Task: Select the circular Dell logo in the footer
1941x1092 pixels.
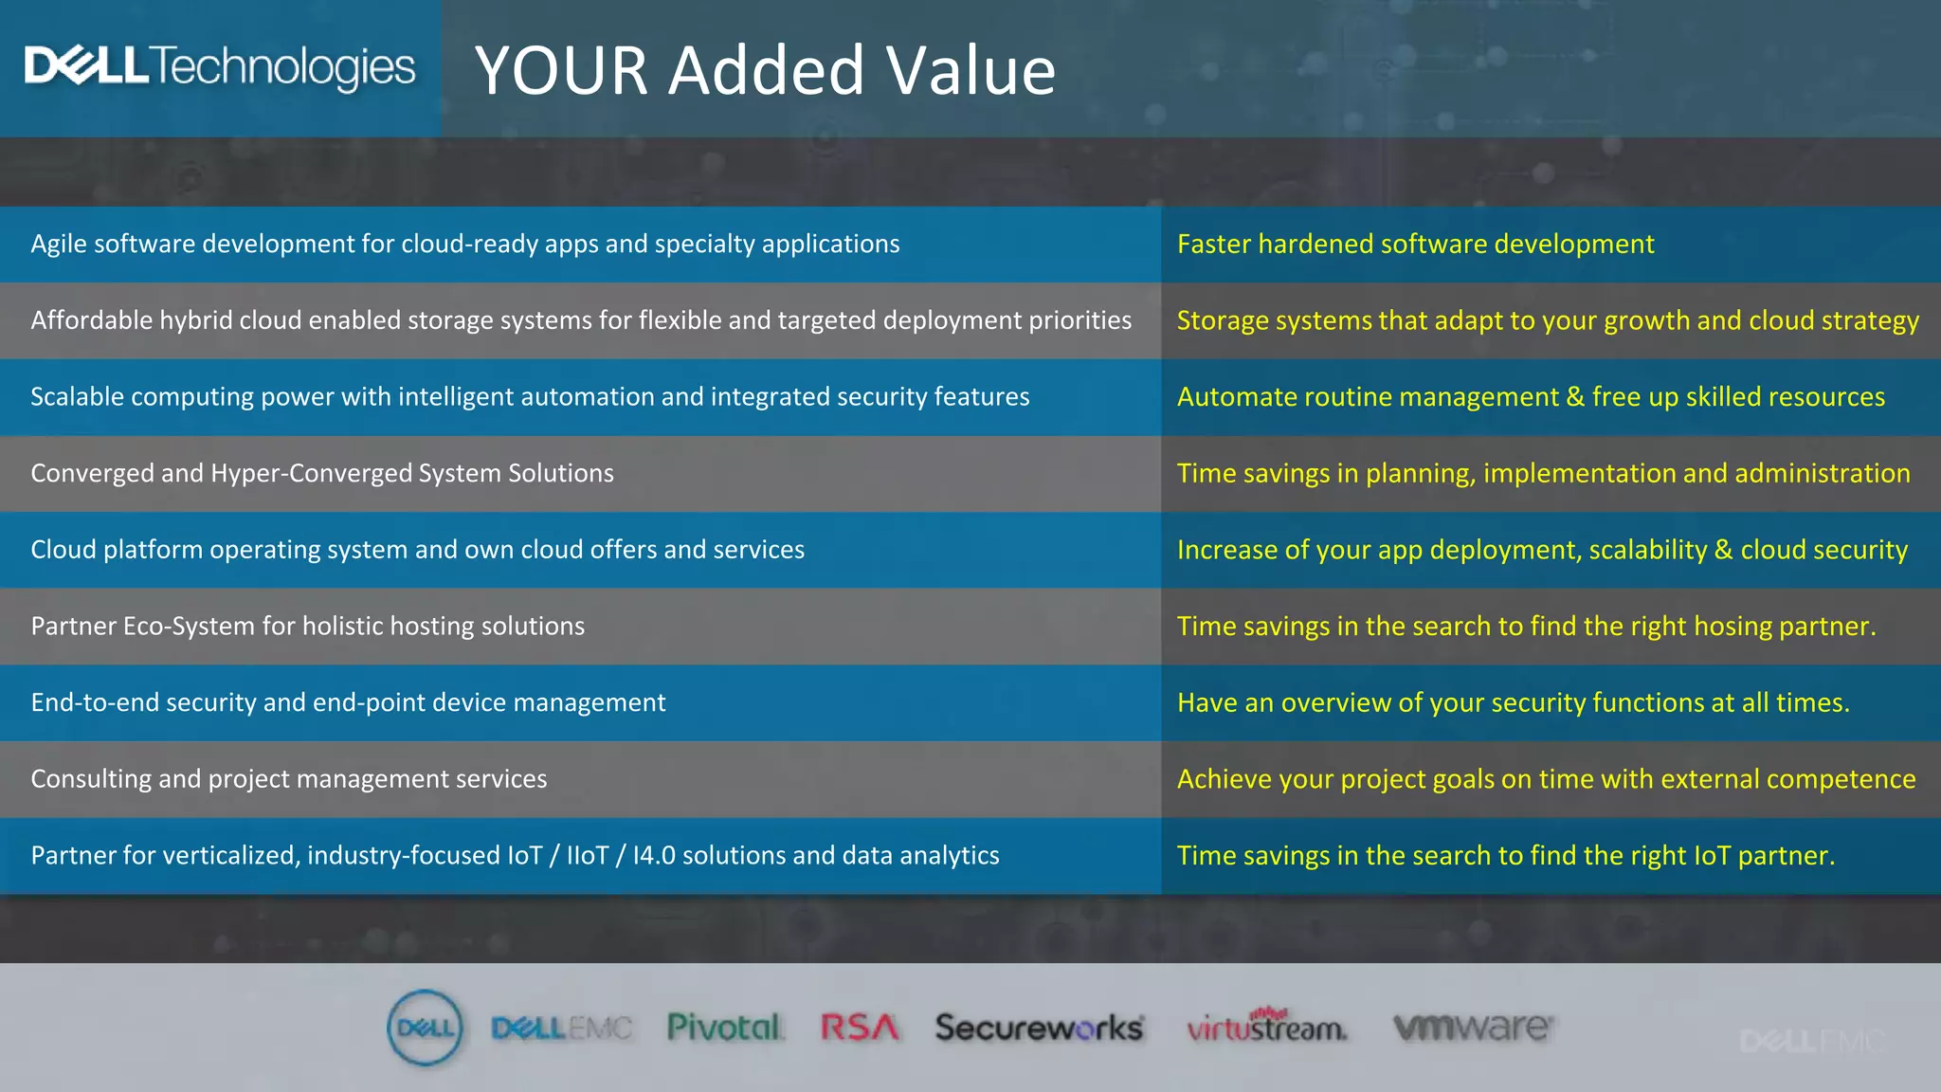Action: pos(426,1028)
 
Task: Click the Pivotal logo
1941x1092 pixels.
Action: pos(725,1028)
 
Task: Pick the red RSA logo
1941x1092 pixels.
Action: pos(859,1028)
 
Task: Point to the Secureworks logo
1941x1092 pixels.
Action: pos(1039,1028)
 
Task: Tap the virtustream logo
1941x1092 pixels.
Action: pos(1266,1028)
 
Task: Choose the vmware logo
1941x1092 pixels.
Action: pos(1473,1028)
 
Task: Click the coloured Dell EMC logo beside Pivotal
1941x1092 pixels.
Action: pos(561,1028)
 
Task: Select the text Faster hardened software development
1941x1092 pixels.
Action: pos(1415,245)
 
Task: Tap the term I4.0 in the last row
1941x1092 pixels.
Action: pos(654,856)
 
